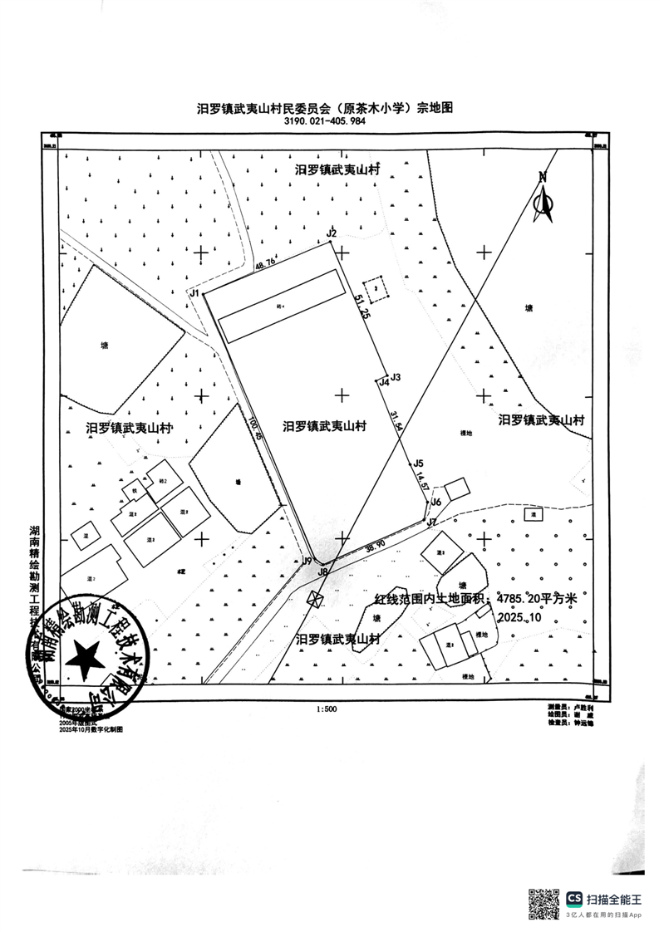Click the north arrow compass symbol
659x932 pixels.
tap(544, 199)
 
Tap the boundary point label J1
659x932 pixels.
tap(194, 293)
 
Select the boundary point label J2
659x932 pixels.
tap(331, 233)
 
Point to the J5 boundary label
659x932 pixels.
tap(419, 464)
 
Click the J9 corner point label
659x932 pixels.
tap(307, 561)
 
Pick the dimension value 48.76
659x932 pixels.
tap(266, 263)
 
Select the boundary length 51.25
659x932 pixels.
tap(361, 308)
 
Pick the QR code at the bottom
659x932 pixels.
tap(544, 904)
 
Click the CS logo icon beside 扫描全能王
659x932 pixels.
tap(575, 899)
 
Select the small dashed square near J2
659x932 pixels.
tap(378, 288)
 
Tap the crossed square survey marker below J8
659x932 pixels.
tap(315, 599)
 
